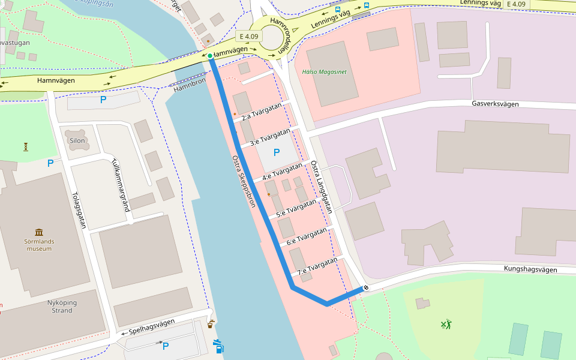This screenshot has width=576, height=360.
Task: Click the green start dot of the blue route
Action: [x=210, y=56]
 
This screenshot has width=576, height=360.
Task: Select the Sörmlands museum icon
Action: [x=39, y=232]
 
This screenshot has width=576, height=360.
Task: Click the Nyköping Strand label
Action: [x=59, y=307]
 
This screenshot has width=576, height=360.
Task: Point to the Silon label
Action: [x=77, y=141]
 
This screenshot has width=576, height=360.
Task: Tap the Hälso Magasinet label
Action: [x=324, y=72]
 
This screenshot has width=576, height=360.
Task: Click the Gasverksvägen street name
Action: [x=495, y=104]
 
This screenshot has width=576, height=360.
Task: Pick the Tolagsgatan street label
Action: [x=79, y=211]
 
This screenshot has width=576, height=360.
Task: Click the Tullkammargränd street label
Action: [x=121, y=185]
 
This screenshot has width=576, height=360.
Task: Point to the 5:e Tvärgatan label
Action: [x=296, y=209]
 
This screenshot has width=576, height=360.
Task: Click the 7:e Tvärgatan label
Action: [x=317, y=267]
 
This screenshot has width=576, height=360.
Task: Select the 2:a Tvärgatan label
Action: [x=261, y=112]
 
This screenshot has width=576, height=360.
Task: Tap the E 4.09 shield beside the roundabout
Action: [x=247, y=37]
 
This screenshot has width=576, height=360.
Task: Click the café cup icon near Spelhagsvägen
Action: [x=210, y=325]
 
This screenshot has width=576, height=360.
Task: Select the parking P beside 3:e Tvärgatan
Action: [x=276, y=152]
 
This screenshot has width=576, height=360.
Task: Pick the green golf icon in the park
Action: [x=446, y=325]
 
